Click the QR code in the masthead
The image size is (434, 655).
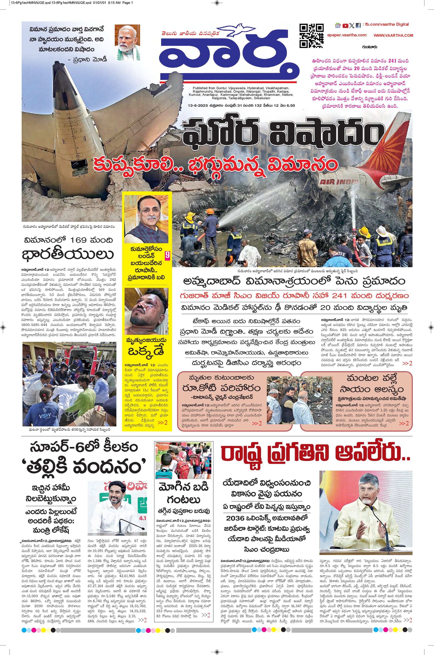click(311, 36)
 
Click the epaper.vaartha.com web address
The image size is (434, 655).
click(347, 35)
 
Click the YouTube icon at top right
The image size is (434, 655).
click(345, 26)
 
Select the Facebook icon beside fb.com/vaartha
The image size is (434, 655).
click(358, 26)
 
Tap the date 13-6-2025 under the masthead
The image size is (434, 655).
click(196, 105)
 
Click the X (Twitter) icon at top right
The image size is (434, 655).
click(352, 26)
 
